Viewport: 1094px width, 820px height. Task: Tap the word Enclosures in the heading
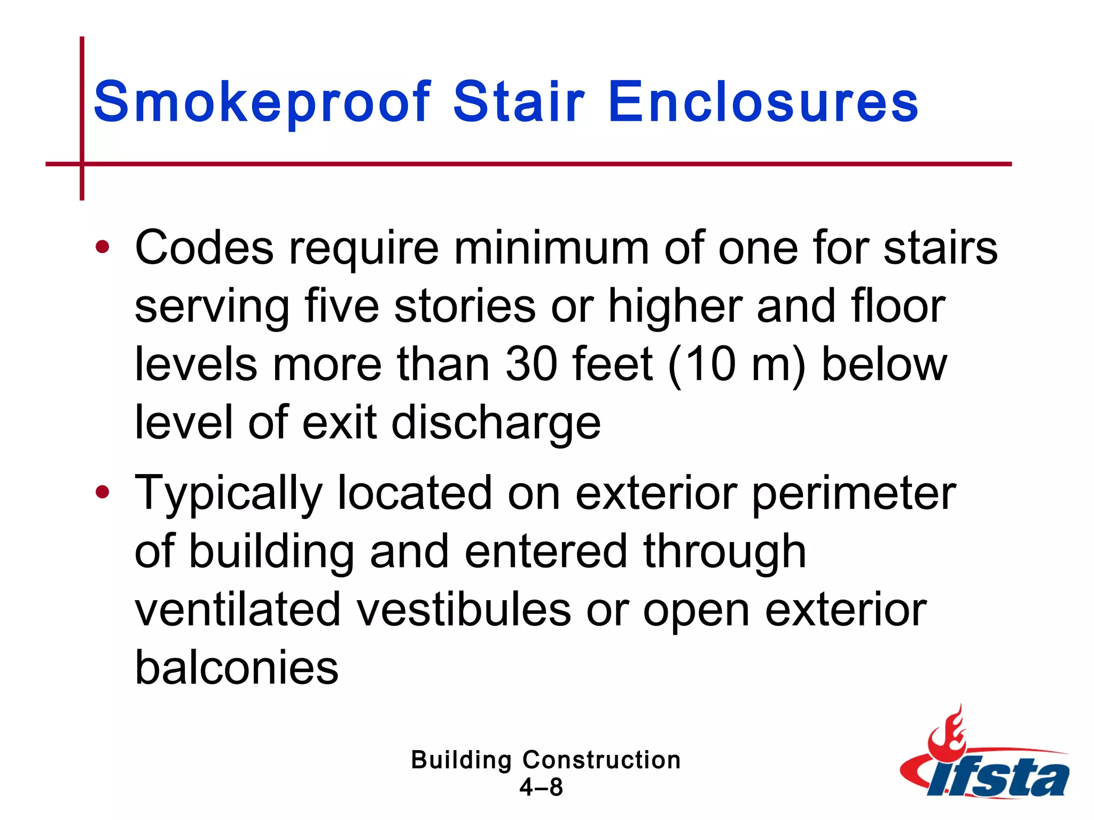[763, 101]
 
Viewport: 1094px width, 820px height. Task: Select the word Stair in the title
[519, 101]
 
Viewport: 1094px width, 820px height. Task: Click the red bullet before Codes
[102, 247]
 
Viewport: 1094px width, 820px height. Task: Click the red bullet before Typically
[102, 492]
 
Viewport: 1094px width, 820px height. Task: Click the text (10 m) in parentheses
[737, 365]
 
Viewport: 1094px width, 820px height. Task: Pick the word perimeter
[854, 493]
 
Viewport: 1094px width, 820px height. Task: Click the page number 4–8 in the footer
[541, 787]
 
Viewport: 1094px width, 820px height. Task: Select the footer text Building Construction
[545, 760]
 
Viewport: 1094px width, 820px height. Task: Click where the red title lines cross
[82, 164]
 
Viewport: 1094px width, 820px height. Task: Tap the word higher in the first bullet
[675, 307]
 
